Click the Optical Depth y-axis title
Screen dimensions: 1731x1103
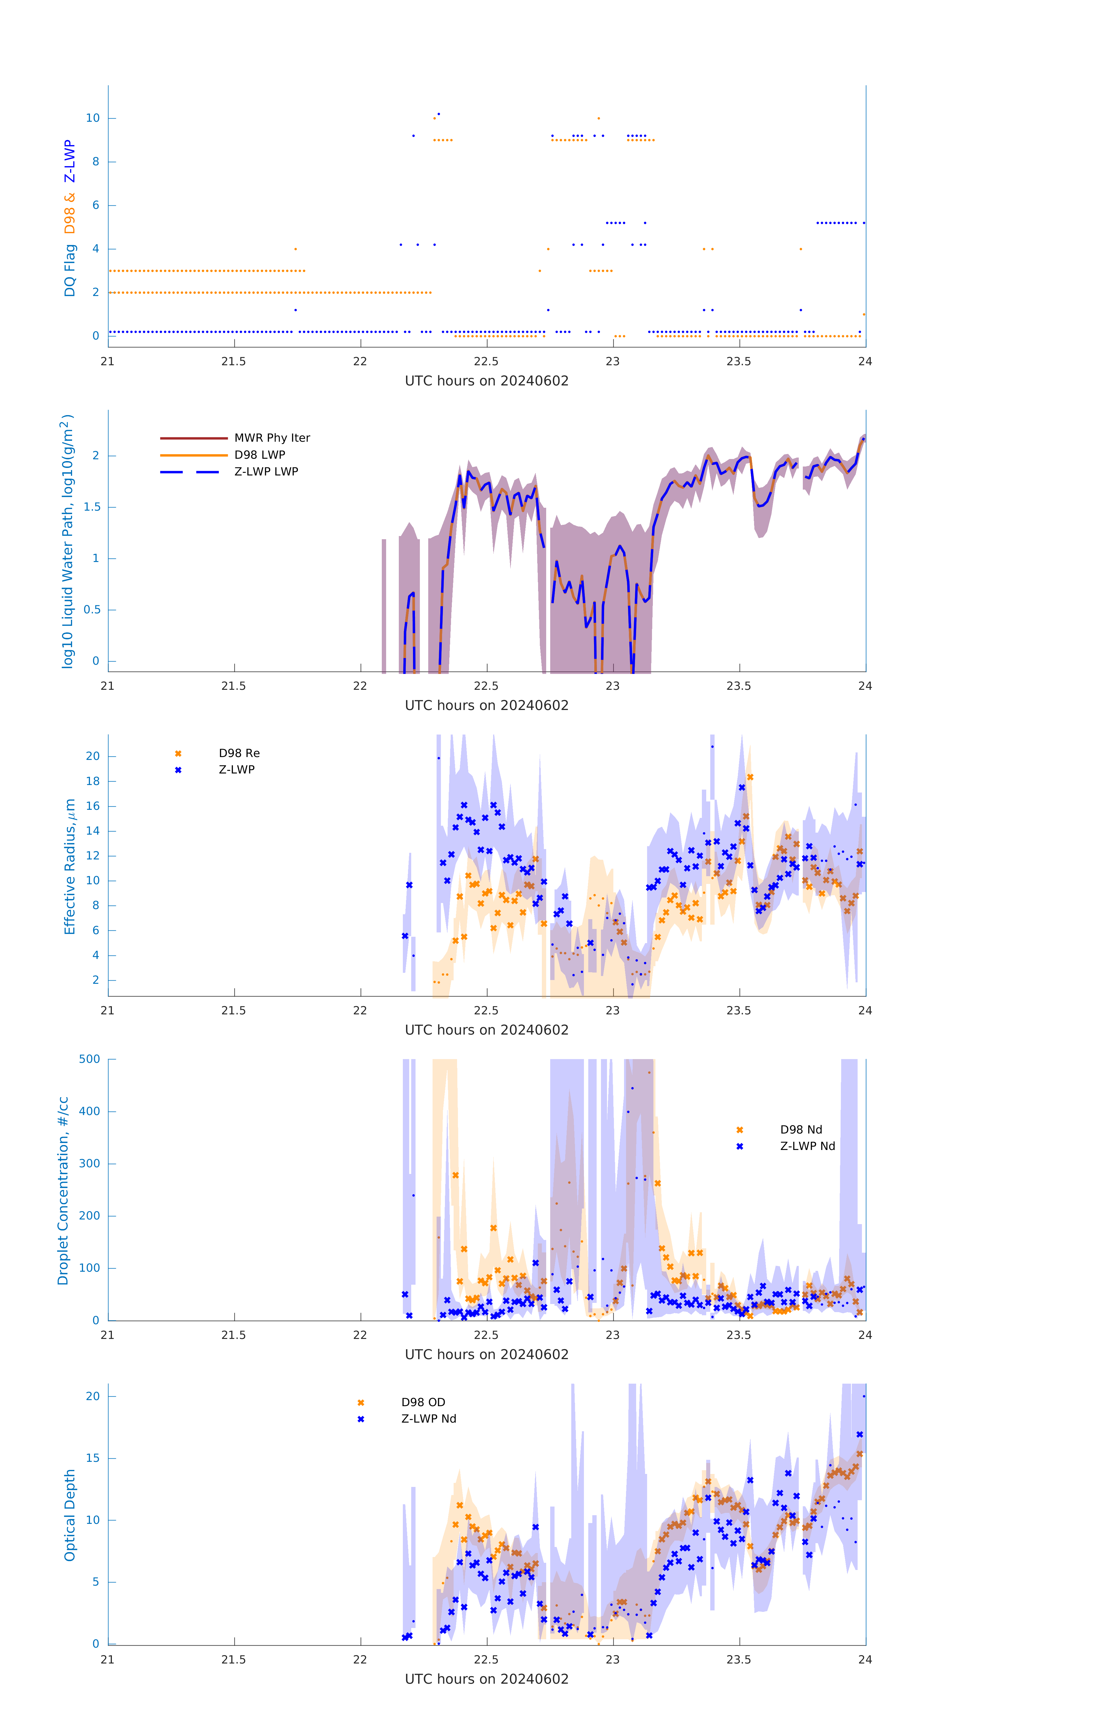tap(70, 1515)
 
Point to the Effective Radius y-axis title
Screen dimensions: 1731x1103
tap(70, 866)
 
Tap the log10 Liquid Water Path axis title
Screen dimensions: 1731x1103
tap(67, 541)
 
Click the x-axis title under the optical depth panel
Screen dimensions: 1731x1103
tap(486, 1679)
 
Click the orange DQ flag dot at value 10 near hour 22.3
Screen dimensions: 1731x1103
tap(434, 118)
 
